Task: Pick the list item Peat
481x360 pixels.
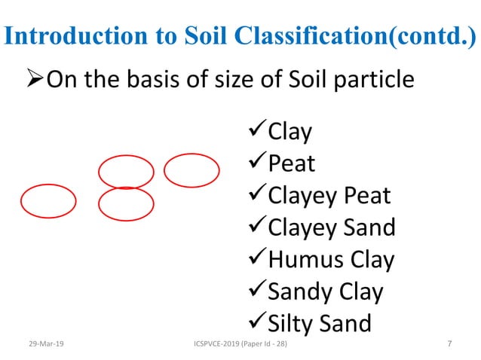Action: (292, 163)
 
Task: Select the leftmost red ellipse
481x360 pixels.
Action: (48, 201)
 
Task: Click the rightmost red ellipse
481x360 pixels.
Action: (191, 170)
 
